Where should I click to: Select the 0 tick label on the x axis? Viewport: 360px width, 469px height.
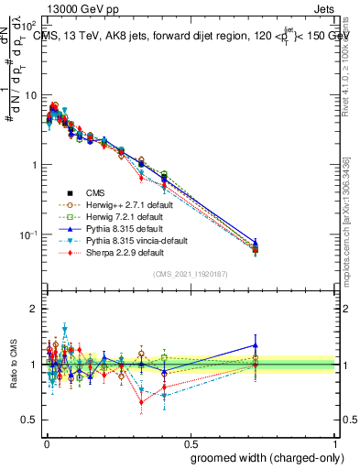pyautogui.click(x=45, y=442)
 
